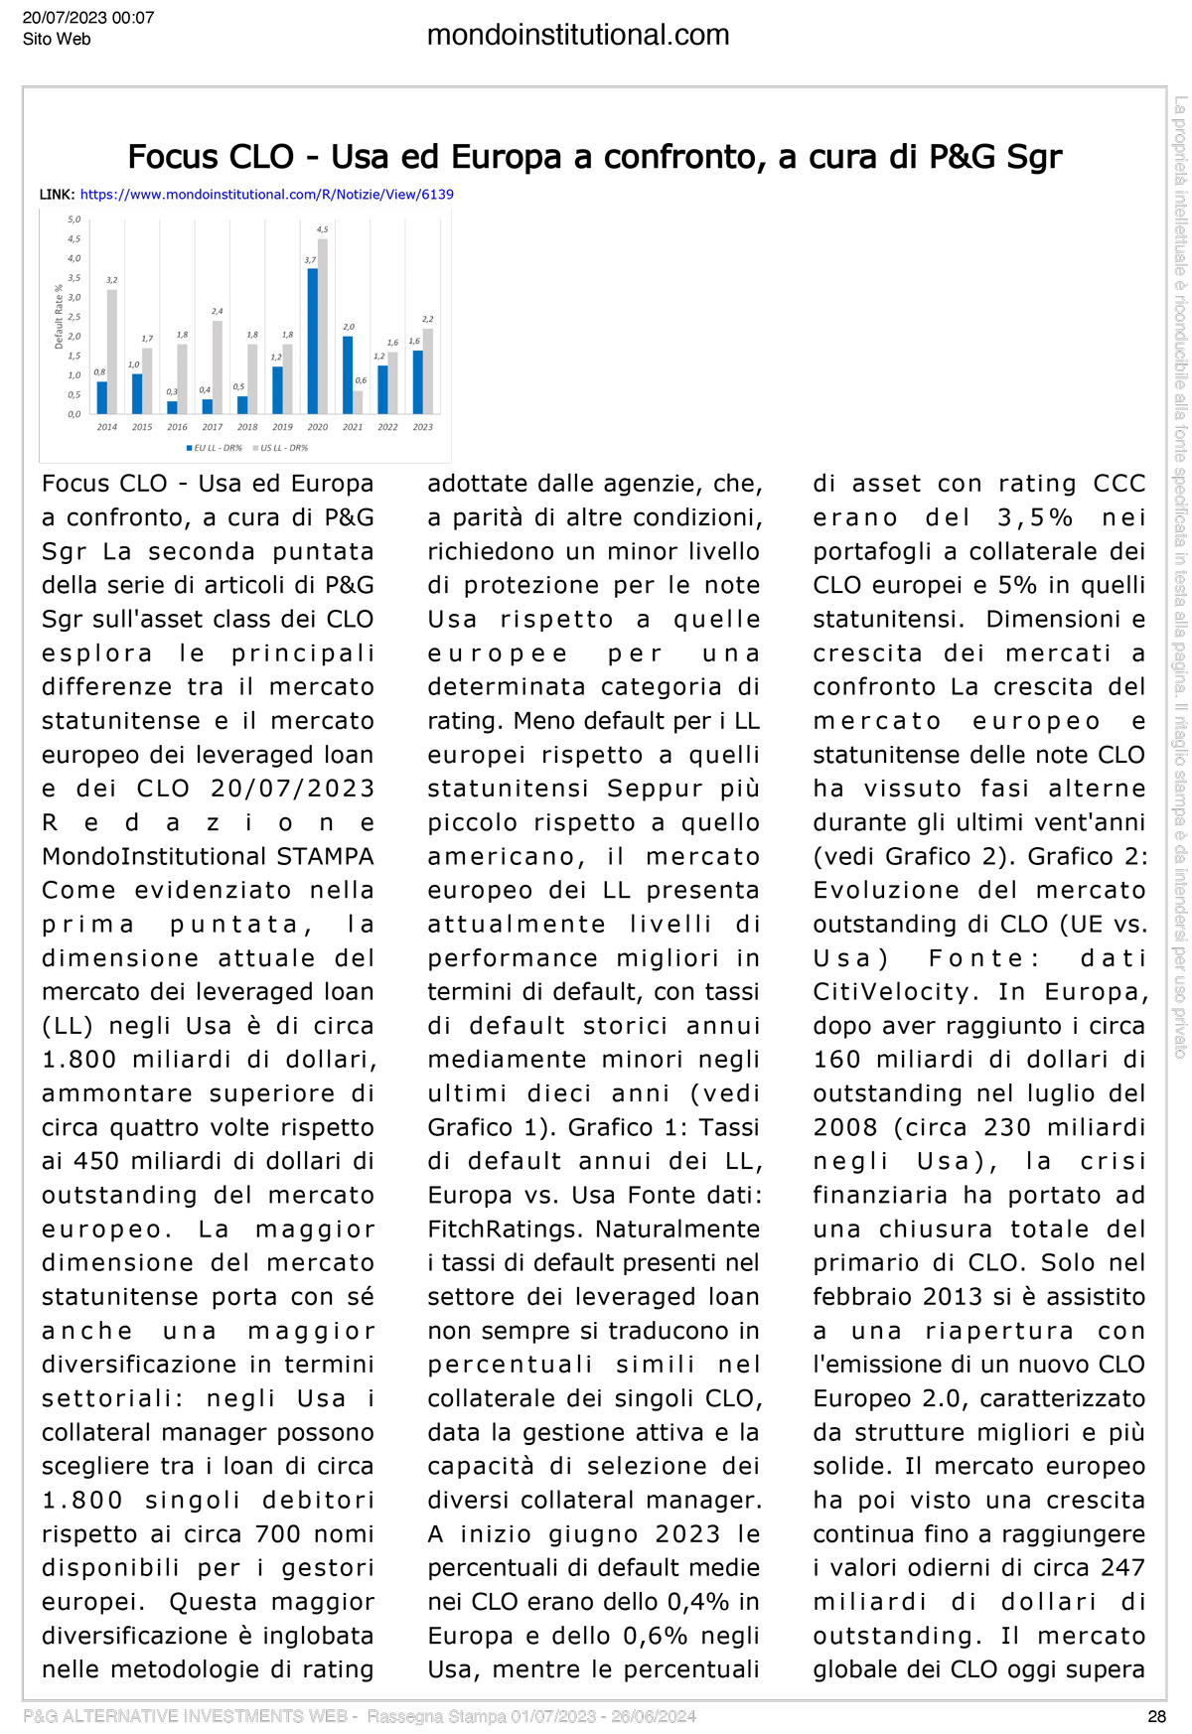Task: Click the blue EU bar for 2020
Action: [312, 341]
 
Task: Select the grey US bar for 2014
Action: [112, 352]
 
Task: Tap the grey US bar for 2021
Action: [358, 401]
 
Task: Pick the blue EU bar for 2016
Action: [172, 407]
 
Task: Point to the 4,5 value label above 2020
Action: [322, 229]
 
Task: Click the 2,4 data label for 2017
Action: [218, 312]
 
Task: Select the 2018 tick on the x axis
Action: [247, 427]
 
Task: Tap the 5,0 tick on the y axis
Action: [74, 219]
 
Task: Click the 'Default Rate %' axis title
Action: [59, 317]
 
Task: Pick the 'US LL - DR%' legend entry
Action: [283, 448]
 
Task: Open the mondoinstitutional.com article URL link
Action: [266, 195]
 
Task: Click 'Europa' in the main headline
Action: [508, 157]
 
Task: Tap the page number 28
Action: [1156, 1716]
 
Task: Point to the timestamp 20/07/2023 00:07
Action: [88, 18]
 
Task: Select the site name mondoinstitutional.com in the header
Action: [578, 36]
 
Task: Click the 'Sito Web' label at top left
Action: [57, 40]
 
